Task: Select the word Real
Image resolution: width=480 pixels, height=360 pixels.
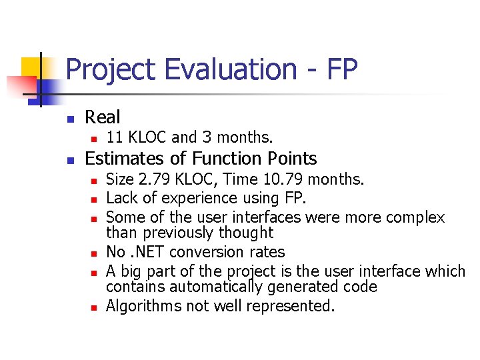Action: pos(103,117)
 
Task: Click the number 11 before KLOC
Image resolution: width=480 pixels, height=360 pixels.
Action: pos(114,138)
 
